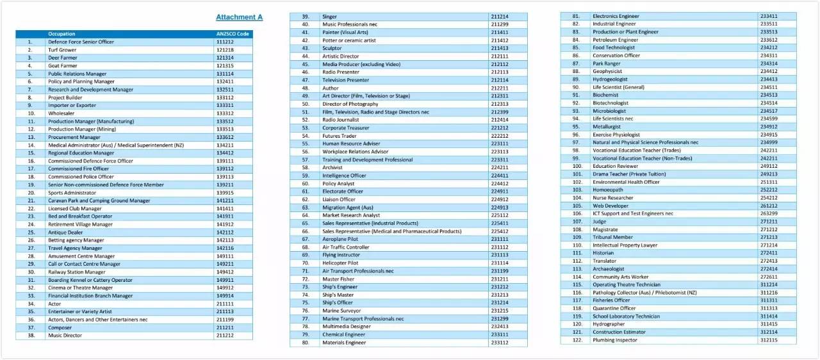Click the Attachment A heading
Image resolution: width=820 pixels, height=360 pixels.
click(x=239, y=17)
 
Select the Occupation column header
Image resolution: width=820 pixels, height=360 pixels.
click(x=61, y=34)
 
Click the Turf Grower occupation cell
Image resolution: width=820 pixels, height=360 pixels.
click(x=62, y=50)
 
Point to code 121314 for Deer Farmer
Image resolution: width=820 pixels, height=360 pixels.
click(x=225, y=58)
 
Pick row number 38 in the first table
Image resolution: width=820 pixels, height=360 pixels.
click(x=30, y=335)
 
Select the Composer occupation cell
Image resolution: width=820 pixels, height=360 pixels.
click(x=60, y=327)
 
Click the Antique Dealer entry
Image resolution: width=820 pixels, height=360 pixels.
click(x=65, y=233)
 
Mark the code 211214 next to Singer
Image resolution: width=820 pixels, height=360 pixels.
click(x=500, y=16)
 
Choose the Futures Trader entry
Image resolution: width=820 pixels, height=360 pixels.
click(x=340, y=136)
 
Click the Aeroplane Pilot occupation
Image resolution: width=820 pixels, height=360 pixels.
click(x=340, y=239)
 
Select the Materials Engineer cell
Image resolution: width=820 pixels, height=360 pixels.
click(x=344, y=343)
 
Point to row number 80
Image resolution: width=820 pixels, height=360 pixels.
click(x=306, y=343)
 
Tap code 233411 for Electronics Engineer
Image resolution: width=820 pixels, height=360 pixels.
click(x=769, y=16)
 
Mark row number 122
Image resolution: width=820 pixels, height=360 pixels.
click(x=577, y=340)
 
